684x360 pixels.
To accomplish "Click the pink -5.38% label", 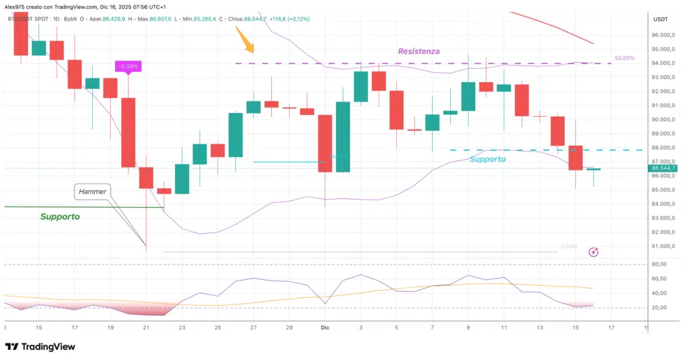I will coord(127,66).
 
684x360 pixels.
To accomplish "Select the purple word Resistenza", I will coord(419,51).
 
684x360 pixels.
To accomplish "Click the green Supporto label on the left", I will coord(60,217).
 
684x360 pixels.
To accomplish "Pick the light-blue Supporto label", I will coord(487,159).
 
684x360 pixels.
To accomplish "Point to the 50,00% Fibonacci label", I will coord(624,59).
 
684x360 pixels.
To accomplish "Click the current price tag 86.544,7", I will coord(663,168).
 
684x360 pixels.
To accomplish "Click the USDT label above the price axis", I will coord(661,19).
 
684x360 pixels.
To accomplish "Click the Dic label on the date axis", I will coord(325,327).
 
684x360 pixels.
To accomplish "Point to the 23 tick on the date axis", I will coord(182,327).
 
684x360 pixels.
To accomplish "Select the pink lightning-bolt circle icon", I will coord(594,252).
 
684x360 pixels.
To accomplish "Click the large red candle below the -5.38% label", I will coord(128,132).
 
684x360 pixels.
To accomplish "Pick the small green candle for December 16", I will coord(593,170).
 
